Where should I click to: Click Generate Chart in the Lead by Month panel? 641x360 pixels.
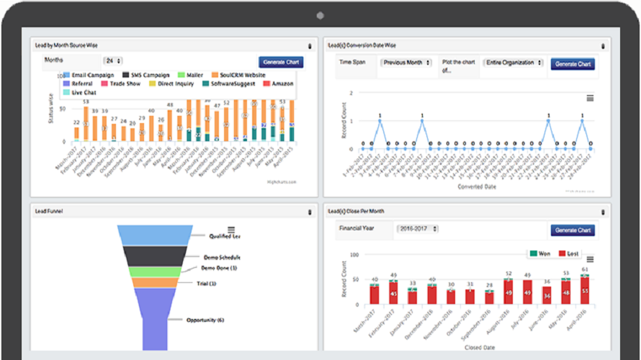[x=281, y=63]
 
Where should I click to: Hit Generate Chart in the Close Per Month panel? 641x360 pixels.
[x=573, y=230]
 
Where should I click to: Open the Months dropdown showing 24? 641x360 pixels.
[x=113, y=61]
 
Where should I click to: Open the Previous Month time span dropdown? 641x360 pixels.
[x=406, y=63]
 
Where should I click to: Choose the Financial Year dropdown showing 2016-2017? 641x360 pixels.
[x=418, y=230]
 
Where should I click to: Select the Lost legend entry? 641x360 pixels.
[x=571, y=253]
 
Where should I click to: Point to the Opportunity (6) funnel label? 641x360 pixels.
[x=205, y=320]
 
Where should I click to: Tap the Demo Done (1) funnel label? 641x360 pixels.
[x=219, y=268]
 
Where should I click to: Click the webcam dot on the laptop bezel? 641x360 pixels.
[x=319, y=15]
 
